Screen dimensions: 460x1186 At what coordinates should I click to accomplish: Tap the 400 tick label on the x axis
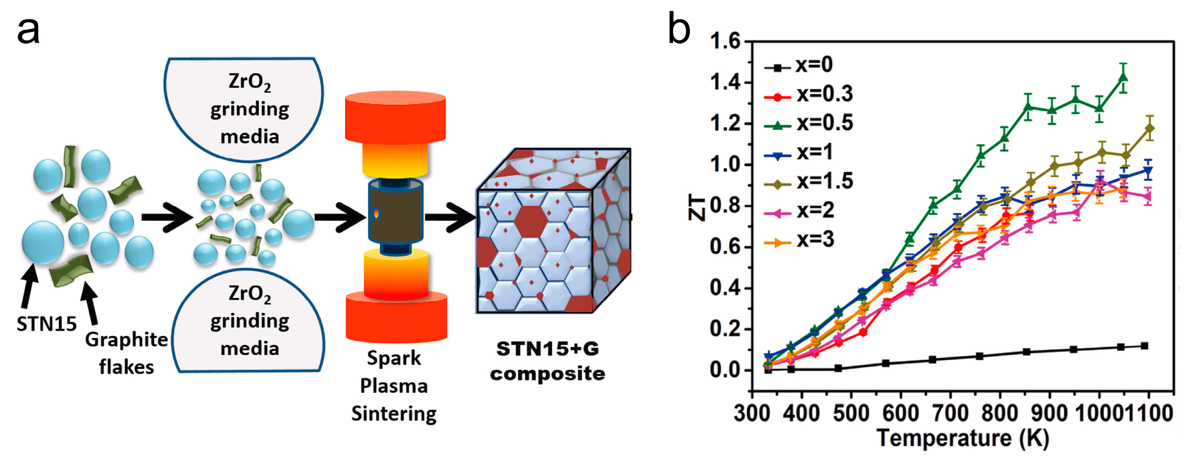801,413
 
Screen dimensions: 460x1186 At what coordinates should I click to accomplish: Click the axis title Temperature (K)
962,438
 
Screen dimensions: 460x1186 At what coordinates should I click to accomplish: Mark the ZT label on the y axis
697,207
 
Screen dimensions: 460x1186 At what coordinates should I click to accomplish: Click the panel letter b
679,28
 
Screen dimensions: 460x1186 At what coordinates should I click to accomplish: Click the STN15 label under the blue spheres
46,325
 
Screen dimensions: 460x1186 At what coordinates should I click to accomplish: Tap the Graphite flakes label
126,353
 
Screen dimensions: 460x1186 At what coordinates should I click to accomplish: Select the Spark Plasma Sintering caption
394,386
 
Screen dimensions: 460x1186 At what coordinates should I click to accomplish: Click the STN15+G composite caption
548,361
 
